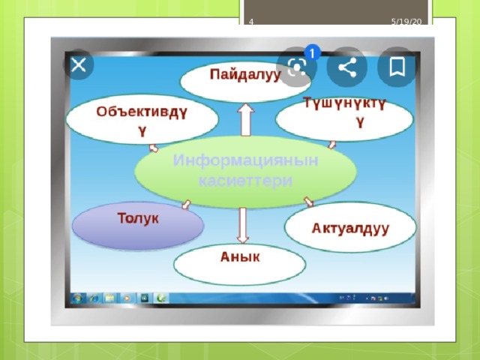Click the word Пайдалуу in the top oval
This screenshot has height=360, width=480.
coord(245,75)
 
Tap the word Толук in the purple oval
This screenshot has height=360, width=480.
coord(138,218)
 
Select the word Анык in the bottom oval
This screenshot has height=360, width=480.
coord(240,256)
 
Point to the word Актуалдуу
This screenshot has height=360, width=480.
coord(350,229)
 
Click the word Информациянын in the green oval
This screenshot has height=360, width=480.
coord(245,160)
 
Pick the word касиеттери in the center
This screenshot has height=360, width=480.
coord(245,181)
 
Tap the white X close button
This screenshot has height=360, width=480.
coord(79,65)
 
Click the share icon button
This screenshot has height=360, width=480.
coord(346,67)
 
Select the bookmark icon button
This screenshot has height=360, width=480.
coord(397,67)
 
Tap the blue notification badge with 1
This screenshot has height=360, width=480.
coord(312,53)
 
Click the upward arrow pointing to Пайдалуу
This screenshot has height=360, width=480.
coord(246,120)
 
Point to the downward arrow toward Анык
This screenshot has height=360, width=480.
coord(243,226)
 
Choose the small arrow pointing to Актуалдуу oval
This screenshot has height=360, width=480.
coord(308,202)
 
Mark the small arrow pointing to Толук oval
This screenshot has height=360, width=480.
coord(186,205)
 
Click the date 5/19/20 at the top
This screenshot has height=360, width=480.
coord(406,22)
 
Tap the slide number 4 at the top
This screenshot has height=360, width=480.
coord(251,22)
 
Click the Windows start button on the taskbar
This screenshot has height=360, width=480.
coord(77,298)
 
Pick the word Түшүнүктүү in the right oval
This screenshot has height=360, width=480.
coord(345,112)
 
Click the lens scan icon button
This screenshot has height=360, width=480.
coord(296,67)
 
